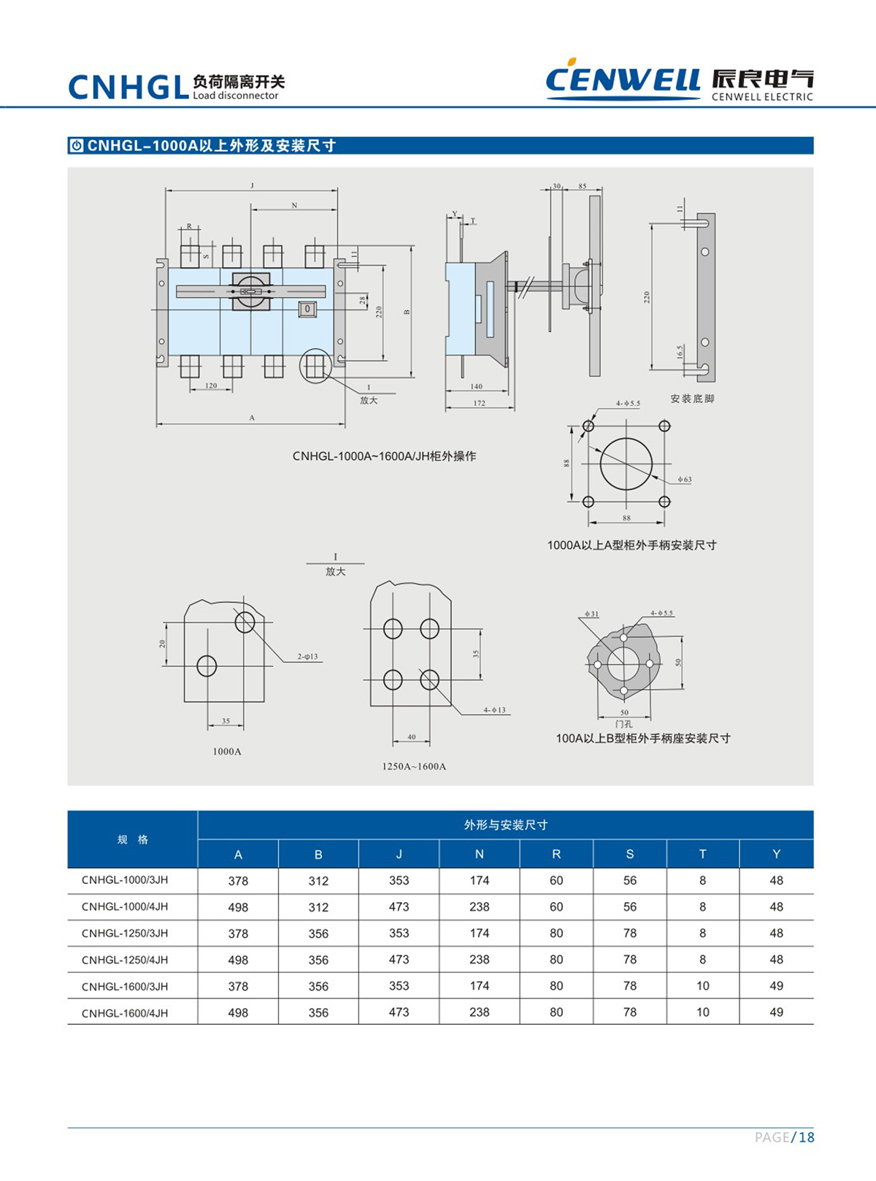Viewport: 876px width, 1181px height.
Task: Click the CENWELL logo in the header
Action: point(622,79)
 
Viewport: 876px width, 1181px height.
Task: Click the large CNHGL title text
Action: point(128,88)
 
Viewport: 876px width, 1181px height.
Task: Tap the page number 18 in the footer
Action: point(806,1137)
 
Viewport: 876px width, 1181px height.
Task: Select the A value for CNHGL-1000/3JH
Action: point(238,881)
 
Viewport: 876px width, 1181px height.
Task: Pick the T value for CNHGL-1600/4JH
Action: point(702,1012)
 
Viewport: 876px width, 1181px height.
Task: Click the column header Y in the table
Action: point(776,854)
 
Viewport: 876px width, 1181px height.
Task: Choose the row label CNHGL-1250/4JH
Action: point(125,960)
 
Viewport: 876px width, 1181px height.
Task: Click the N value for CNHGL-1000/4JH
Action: point(479,907)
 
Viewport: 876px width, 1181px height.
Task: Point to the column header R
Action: point(556,854)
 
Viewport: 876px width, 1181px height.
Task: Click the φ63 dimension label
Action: point(684,480)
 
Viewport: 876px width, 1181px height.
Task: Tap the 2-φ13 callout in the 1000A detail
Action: point(307,657)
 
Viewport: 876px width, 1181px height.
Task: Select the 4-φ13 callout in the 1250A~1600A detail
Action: point(494,710)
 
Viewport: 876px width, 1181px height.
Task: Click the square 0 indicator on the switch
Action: point(307,309)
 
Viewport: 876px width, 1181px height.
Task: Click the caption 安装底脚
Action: point(692,399)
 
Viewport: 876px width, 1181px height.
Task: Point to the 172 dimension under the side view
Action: point(479,403)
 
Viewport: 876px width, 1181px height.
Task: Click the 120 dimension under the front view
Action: point(211,385)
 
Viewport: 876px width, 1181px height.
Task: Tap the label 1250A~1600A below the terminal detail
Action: point(414,766)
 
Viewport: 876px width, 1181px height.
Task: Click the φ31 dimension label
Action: point(591,614)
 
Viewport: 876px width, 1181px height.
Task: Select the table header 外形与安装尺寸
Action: point(505,825)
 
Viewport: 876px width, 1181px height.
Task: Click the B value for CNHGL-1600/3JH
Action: point(318,986)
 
